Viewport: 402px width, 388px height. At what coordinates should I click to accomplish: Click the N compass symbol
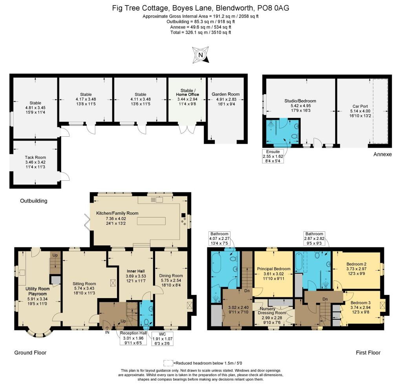click(201, 55)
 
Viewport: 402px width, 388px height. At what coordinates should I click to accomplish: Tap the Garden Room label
click(226, 94)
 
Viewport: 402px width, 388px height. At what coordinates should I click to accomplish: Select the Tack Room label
click(35, 157)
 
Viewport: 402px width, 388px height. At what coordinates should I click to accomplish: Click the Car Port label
click(360, 106)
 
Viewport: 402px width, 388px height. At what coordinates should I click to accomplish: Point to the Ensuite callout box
click(273, 156)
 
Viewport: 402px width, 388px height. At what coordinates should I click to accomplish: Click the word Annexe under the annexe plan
click(382, 154)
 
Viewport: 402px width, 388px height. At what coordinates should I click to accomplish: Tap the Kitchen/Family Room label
click(117, 213)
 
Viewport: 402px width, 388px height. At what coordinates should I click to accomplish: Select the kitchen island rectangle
click(151, 221)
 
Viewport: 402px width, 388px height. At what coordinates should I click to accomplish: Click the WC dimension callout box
click(162, 339)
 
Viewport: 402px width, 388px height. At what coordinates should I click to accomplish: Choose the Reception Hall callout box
click(133, 338)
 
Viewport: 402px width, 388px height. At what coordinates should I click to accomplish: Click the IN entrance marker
click(107, 332)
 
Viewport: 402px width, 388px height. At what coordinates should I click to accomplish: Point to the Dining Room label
click(171, 276)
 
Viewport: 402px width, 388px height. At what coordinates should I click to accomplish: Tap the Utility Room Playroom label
click(37, 291)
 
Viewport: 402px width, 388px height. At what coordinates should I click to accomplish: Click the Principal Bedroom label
click(274, 269)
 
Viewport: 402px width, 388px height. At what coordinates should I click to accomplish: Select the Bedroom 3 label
click(360, 303)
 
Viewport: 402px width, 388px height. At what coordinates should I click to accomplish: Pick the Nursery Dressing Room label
click(272, 311)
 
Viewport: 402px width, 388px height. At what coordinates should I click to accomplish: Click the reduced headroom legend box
click(168, 363)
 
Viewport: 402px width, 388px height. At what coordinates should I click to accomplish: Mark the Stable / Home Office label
click(187, 92)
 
